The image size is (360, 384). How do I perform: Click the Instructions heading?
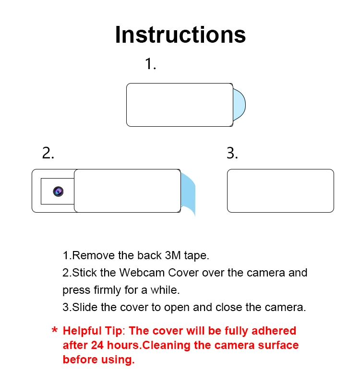coord(180,35)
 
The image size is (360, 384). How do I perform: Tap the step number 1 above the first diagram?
coord(150,64)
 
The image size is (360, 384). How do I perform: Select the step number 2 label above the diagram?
coord(48,153)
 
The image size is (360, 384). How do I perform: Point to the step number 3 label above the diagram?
coord(232,153)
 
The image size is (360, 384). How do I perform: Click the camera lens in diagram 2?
coord(58,191)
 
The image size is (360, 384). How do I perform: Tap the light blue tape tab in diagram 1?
coord(239,105)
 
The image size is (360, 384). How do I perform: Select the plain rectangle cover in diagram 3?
coord(280,191)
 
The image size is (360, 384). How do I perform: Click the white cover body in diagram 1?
coord(180,105)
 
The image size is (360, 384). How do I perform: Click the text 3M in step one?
coord(173,255)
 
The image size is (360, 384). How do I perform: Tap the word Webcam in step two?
coord(142,273)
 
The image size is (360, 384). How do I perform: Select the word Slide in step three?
coord(85,307)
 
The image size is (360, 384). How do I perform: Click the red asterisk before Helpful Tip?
coord(55,330)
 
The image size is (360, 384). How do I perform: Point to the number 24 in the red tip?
coord(97,345)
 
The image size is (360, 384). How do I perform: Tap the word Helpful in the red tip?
coord(82,331)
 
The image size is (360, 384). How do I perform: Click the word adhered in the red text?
coord(274,331)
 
